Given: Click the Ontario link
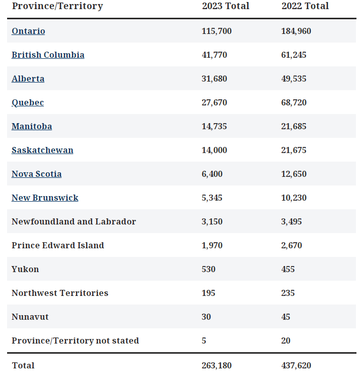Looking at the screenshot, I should tap(28, 31).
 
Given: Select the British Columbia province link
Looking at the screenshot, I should tap(48, 55).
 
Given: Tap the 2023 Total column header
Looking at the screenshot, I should tap(225, 6).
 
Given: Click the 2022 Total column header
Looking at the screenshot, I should tap(305, 6).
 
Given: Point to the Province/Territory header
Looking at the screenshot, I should tap(57, 6).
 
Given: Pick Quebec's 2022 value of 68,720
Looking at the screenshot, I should tap(294, 103).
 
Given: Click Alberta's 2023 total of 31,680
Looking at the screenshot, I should tap(214, 79).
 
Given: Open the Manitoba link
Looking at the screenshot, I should tap(32, 127).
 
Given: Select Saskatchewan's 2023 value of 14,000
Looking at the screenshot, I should tap(214, 150).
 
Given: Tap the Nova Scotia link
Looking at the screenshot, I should tap(36, 174).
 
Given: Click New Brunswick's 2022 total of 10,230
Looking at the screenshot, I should tap(294, 198).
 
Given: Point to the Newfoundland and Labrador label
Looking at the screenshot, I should tap(74, 222).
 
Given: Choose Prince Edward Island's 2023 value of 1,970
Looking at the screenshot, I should tap(212, 246).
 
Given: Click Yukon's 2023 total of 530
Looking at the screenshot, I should tap(208, 270).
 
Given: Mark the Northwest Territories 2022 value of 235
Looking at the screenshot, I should tap(288, 293).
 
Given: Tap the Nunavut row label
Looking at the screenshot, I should tap(30, 317).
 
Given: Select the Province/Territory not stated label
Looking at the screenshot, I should tap(75, 341).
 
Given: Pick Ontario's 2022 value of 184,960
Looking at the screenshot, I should tap(296, 31).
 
